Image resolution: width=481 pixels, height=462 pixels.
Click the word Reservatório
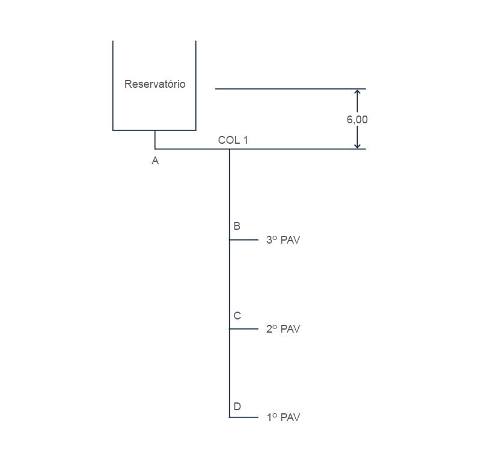[155, 84]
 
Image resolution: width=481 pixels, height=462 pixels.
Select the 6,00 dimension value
[357, 120]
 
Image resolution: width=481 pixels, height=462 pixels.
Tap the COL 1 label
[233, 140]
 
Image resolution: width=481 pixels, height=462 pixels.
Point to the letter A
[155, 161]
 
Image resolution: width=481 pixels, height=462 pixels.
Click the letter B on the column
[237, 226]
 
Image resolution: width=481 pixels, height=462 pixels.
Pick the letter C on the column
[237, 316]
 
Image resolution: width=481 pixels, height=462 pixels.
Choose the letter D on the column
[237, 407]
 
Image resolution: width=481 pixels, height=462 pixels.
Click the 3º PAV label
[283, 240]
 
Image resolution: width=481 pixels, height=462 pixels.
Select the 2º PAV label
[283, 329]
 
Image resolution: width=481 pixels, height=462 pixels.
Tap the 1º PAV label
[283, 417]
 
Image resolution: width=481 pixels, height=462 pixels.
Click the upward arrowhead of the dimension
[357, 91]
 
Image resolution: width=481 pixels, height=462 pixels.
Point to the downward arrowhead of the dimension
[357, 146]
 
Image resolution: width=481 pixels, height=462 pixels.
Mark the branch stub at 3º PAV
[244, 240]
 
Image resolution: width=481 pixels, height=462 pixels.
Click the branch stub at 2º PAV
[244, 329]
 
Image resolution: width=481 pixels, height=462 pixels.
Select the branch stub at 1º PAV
[244, 417]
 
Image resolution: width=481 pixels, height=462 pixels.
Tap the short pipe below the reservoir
[155, 140]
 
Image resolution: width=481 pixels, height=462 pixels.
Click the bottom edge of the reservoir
[155, 130]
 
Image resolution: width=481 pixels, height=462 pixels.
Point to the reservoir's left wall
[113, 85]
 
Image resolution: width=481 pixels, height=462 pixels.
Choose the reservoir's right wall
[196, 85]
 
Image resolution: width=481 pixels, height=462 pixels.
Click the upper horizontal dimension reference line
[290, 88]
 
